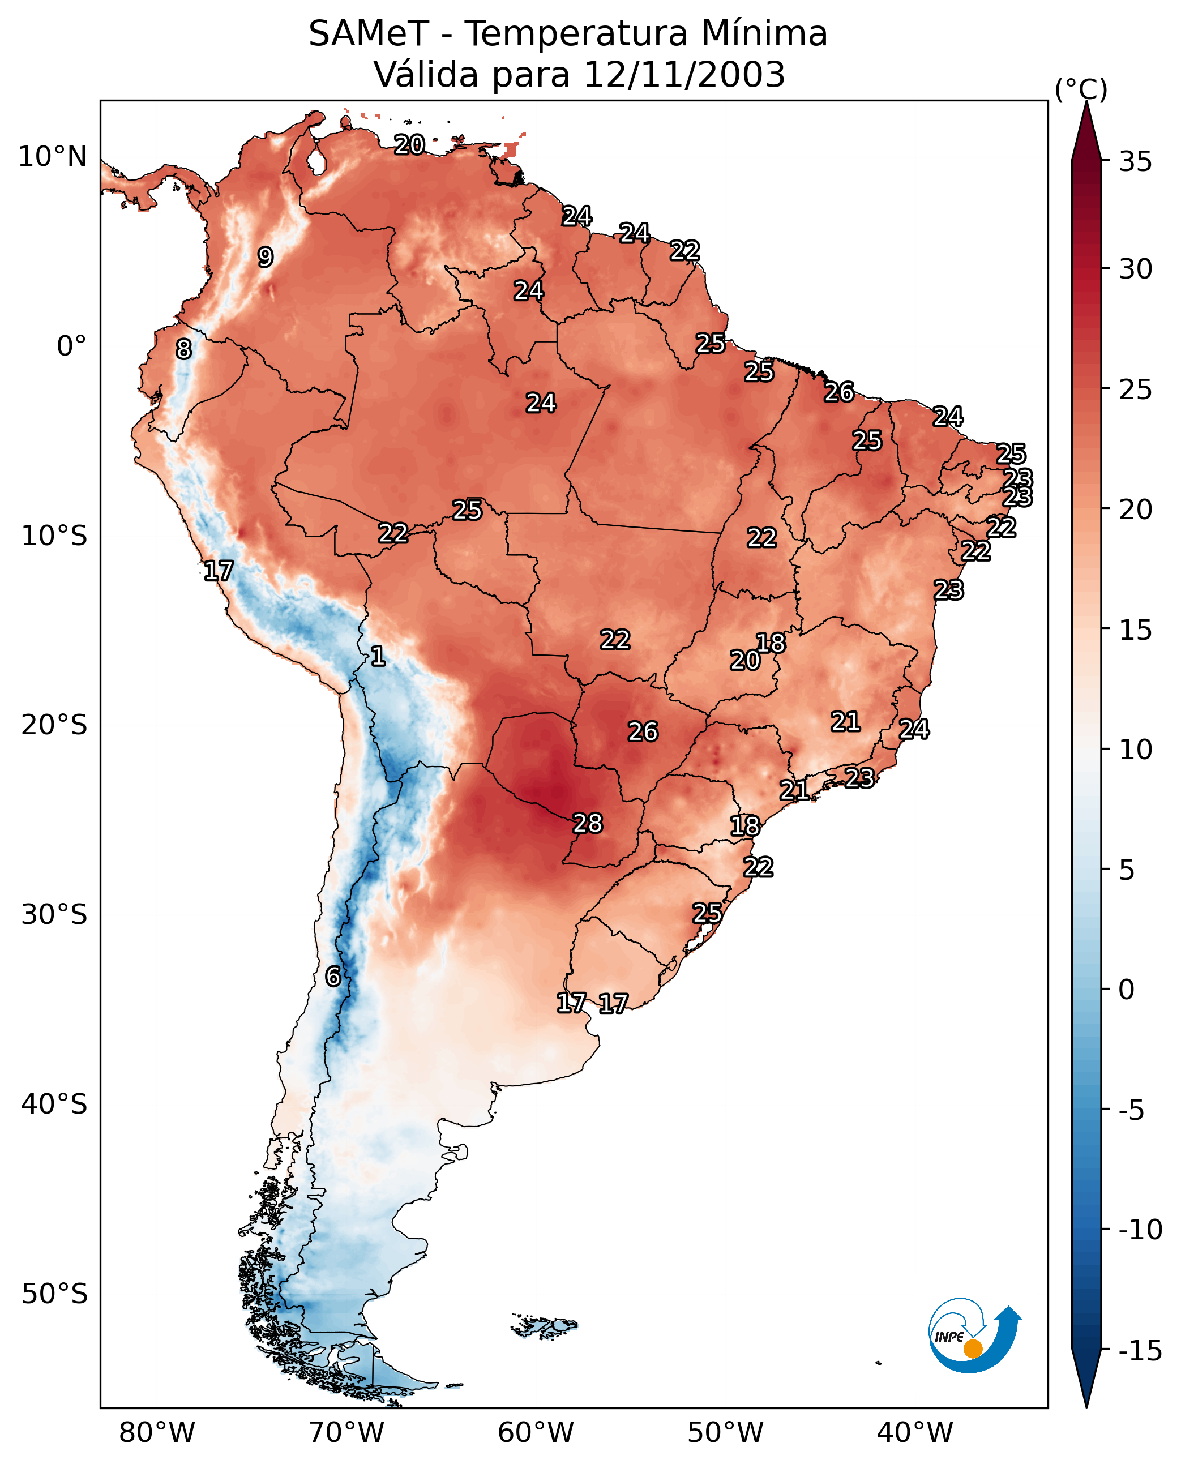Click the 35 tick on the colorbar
[1135, 161]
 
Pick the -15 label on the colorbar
[1140, 1350]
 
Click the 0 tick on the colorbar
[1127, 989]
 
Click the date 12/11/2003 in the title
[684, 74]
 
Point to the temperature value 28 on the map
[588, 823]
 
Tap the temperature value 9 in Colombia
[266, 257]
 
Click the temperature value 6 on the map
[333, 976]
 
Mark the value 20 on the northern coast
[409, 144]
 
